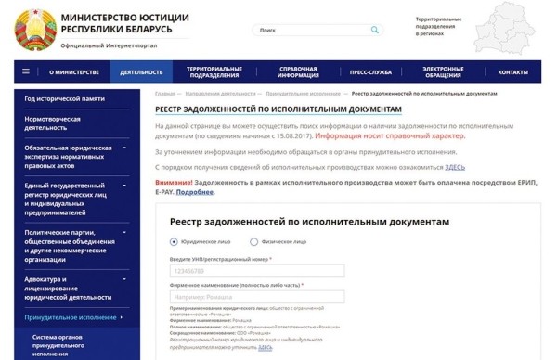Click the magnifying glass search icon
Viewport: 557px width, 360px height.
tap(374, 30)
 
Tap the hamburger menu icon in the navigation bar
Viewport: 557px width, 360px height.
tap(25, 71)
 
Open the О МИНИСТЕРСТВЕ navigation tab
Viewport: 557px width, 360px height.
tap(72, 71)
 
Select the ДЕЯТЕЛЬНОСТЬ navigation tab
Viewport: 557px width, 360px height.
tap(140, 71)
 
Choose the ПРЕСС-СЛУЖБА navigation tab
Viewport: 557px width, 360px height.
tap(345, 71)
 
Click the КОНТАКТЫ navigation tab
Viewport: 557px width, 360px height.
tap(512, 71)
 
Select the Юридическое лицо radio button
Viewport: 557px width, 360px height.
tap(174, 240)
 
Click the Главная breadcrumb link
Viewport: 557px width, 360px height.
tap(165, 94)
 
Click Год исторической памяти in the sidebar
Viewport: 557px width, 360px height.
tap(65, 98)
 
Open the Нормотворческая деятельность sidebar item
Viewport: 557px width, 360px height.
tap(53, 123)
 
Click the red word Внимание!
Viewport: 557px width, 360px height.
tap(173, 183)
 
